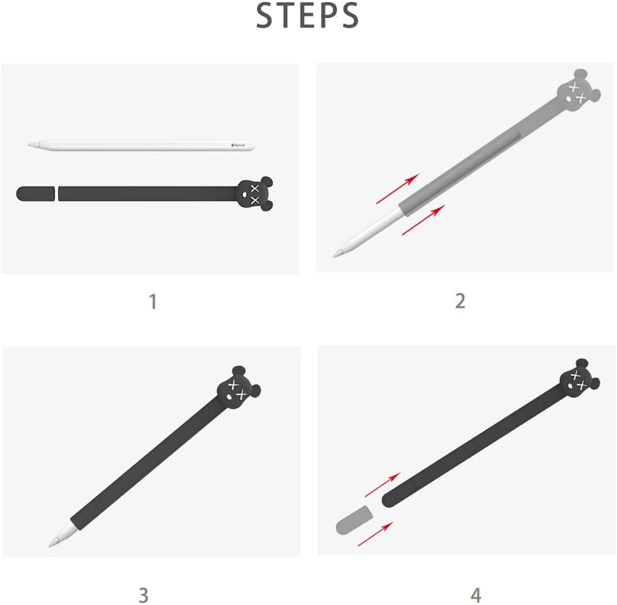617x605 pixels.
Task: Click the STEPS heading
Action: click(x=307, y=15)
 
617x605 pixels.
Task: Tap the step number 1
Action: click(x=153, y=302)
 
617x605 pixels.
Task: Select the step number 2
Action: click(x=460, y=301)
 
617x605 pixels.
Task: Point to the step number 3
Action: click(x=144, y=595)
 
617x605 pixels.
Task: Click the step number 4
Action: click(x=476, y=595)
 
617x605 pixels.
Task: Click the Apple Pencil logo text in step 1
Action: click(x=238, y=146)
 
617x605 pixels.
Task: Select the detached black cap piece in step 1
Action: click(x=35, y=193)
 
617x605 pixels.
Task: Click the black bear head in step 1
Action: click(x=255, y=193)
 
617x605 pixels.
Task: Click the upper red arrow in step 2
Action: click(x=398, y=189)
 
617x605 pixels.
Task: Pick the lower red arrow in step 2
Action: click(x=424, y=220)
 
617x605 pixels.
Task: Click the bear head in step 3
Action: click(x=238, y=388)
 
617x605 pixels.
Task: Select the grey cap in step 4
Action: click(x=353, y=520)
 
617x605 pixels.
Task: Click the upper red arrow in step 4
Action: click(x=383, y=485)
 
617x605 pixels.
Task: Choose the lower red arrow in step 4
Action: click(x=375, y=534)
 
